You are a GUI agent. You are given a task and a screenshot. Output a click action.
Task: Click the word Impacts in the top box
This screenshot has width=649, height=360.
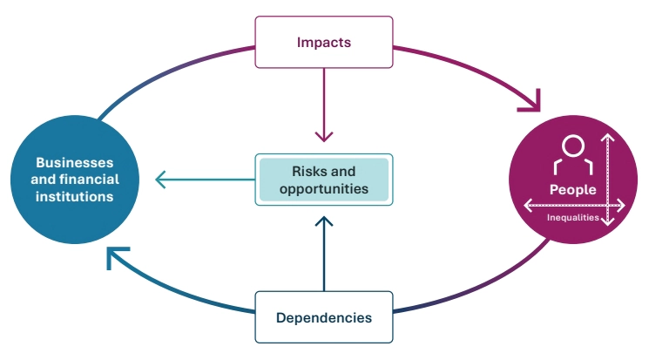pyautogui.click(x=323, y=41)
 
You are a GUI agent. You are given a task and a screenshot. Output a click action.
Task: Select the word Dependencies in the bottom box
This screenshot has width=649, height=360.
pyautogui.click(x=324, y=317)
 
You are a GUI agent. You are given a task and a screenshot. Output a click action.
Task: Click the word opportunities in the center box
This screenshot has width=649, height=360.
pyautogui.click(x=323, y=187)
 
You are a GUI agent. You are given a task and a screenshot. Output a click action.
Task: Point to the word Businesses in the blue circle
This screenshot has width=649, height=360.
pyautogui.click(x=74, y=163)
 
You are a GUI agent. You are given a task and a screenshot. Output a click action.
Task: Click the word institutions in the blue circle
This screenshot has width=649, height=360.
pyautogui.click(x=74, y=196)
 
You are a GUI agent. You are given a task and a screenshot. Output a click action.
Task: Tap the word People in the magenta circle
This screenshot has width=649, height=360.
pyautogui.click(x=572, y=189)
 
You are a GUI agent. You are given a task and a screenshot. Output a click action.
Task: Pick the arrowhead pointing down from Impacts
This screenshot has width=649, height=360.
pyautogui.click(x=323, y=137)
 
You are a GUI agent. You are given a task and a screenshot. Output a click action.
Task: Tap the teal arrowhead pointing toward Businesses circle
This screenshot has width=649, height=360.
pyautogui.click(x=159, y=180)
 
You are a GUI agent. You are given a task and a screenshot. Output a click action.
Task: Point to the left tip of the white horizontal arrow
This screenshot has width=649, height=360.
pyautogui.click(x=524, y=205)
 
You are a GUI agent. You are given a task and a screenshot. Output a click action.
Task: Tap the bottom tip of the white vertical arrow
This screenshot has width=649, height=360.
pyautogui.click(x=608, y=225)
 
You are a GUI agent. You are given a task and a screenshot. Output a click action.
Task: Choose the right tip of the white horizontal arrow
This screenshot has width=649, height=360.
pyautogui.click(x=624, y=205)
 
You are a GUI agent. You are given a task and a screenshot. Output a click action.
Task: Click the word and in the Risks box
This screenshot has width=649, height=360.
pyautogui.click(x=343, y=171)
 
